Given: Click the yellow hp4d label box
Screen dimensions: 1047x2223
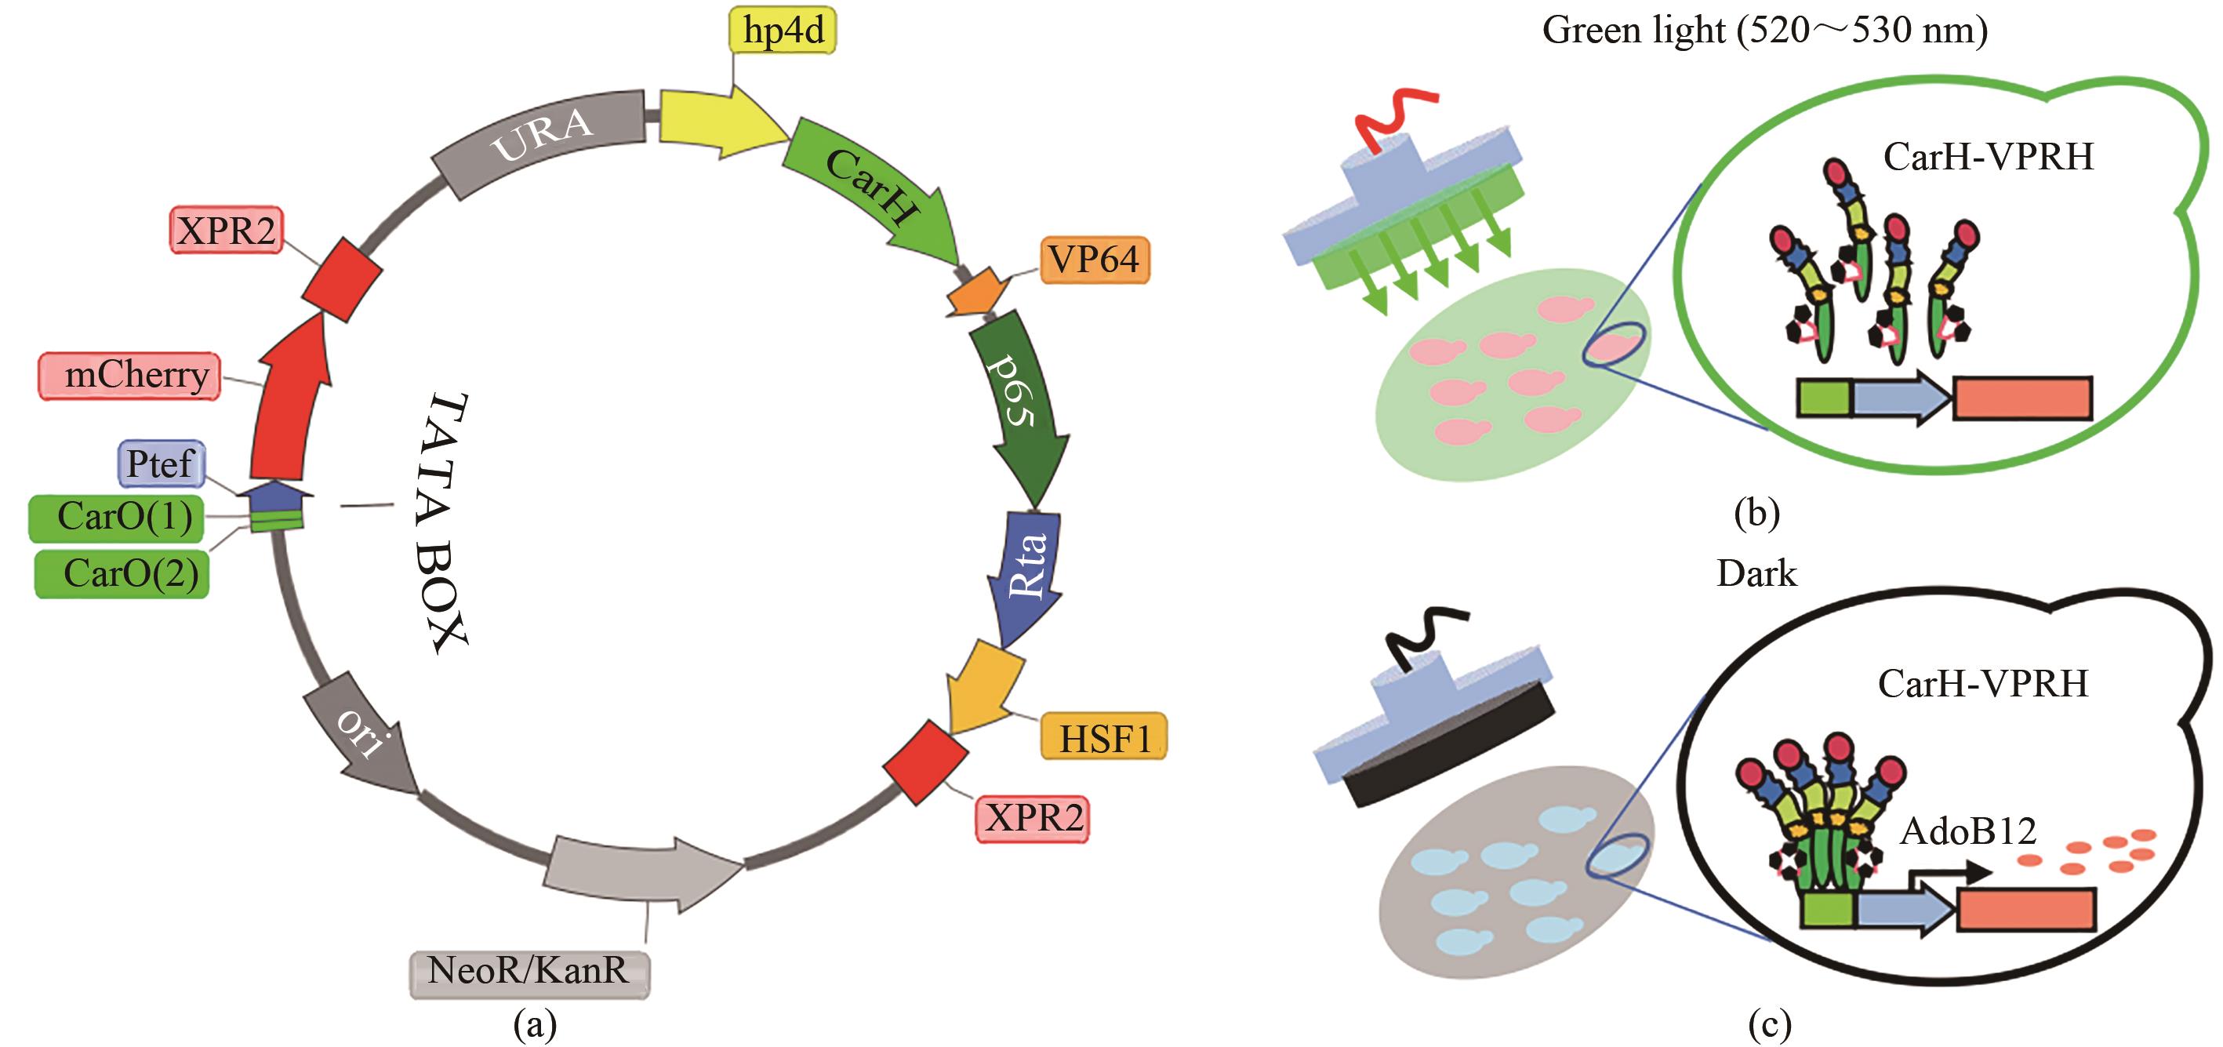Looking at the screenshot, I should coord(783,31).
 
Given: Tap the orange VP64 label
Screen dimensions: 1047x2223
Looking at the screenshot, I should coord(1094,260).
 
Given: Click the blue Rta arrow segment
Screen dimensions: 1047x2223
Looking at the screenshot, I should coord(1027,569).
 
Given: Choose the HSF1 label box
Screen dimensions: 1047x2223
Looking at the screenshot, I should coord(1104,737).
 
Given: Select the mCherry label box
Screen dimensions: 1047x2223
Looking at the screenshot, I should coord(130,376).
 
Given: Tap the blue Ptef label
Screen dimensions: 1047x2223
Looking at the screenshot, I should coord(162,464).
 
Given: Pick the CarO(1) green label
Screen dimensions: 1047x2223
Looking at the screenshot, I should coord(118,517).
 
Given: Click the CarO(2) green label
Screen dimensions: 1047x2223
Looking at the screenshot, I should coord(122,573).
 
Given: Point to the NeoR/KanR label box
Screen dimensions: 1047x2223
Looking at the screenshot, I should coord(529,972).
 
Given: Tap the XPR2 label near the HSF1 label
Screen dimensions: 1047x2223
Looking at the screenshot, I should coord(1032,817).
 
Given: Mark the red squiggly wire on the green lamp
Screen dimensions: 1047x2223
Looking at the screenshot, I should coord(1393,117).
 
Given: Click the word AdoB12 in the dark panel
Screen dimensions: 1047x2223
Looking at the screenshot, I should coord(1967,832).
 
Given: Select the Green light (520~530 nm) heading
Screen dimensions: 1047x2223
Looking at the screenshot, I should coord(1765,31).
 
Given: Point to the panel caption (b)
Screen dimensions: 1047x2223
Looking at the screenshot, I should coord(1757,513).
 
